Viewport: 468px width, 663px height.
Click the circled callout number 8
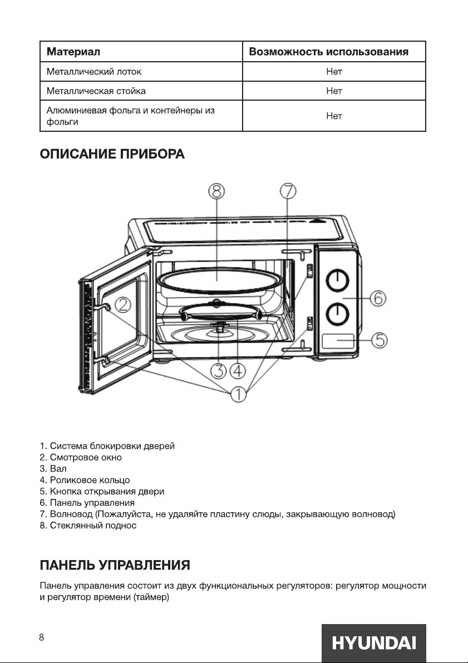(x=216, y=191)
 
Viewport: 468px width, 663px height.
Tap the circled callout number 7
(x=288, y=191)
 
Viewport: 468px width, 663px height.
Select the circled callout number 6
(x=378, y=299)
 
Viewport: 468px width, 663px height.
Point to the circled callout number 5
(x=380, y=340)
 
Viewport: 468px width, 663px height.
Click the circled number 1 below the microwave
(x=239, y=394)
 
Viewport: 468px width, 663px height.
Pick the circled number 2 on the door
(x=123, y=305)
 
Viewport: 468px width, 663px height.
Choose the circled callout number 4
(x=238, y=370)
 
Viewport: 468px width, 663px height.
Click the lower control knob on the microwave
(x=337, y=314)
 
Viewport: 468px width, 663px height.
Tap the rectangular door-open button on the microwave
(x=338, y=341)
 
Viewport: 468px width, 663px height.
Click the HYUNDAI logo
(x=373, y=643)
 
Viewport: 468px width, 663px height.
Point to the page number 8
(x=42, y=637)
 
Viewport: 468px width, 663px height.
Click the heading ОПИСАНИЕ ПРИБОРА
(x=112, y=154)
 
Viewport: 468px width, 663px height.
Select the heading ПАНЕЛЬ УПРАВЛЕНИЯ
(x=115, y=565)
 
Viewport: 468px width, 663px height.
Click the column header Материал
(x=73, y=52)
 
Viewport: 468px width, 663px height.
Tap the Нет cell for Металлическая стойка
(x=334, y=91)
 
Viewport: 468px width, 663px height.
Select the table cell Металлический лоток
(x=94, y=71)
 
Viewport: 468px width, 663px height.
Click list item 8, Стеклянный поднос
(x=88, y=526)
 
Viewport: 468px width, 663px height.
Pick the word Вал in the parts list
(x=58, y=468)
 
